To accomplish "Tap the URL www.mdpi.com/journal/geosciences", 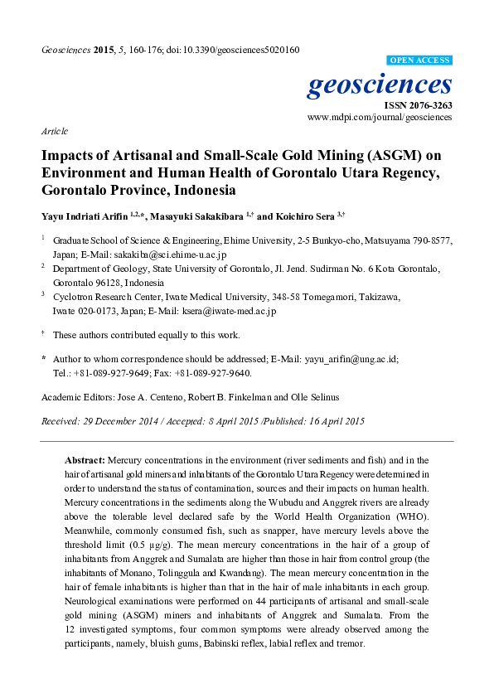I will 380,119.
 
